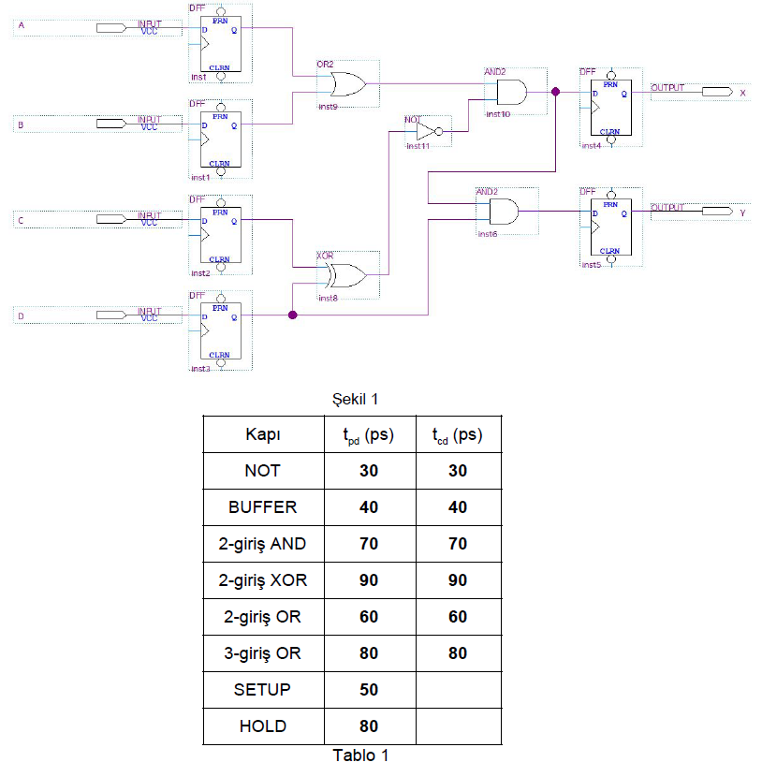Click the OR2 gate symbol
coord(346,84)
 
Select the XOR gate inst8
coord(345,274)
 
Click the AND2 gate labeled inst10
coord(511,92)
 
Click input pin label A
coord(22,26)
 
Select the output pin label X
coord(742,93)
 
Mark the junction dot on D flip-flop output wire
coord(292,315)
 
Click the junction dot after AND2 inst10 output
coord(556,93)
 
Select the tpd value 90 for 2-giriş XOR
coord(369,580)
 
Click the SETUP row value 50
coord(369,690)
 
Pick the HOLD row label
coord(262,726)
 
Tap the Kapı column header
coord(262,434)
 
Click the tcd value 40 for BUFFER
coord(457,507)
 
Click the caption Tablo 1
coord(359,755)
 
